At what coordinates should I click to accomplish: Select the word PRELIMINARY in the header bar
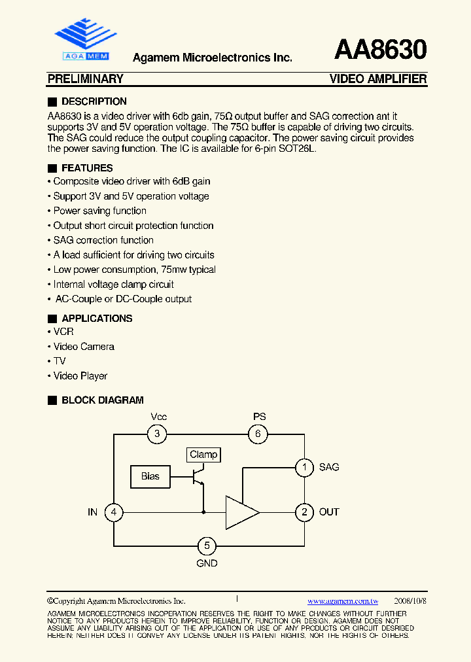click(86, 79)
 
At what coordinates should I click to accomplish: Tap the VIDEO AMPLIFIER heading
click(378, 79)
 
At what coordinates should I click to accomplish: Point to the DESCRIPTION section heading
click(94, 101)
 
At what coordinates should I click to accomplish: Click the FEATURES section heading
click(86, 168)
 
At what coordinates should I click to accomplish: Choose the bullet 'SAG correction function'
click(103, 240)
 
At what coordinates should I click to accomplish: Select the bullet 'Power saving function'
click(99, 211)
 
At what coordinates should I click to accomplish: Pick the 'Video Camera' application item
click(84, 347)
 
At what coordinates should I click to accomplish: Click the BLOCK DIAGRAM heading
click(102, 400)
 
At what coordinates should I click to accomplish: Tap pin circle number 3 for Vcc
click(156, 434)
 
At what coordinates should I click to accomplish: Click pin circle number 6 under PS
click(258, 434)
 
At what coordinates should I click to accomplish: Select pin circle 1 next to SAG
click(304, 467)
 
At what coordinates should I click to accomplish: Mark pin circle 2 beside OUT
click(304, 512)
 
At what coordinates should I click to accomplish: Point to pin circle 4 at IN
click(114, 512)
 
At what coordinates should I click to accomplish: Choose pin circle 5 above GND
click(207, 546)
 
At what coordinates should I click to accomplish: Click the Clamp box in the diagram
click(203, 455)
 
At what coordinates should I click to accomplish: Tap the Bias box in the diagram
click(150, 476)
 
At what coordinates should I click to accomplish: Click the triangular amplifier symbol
click(240, 512)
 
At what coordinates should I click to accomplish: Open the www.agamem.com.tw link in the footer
click(343, 601)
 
